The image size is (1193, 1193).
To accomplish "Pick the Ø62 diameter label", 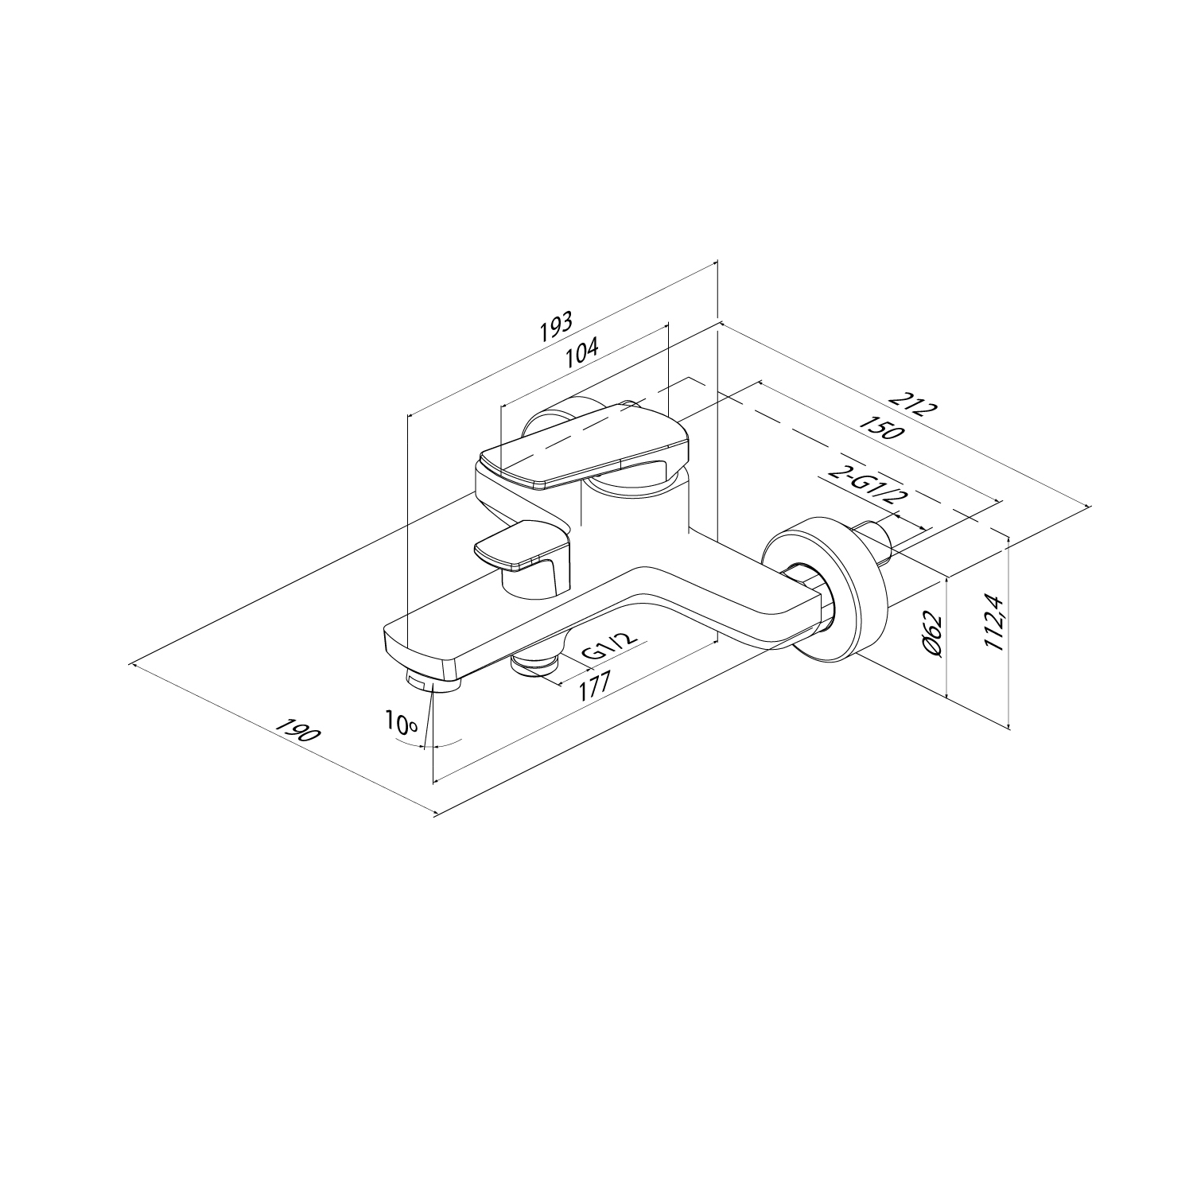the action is tap(934, 635).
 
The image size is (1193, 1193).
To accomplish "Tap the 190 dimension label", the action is tap(297, 731).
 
